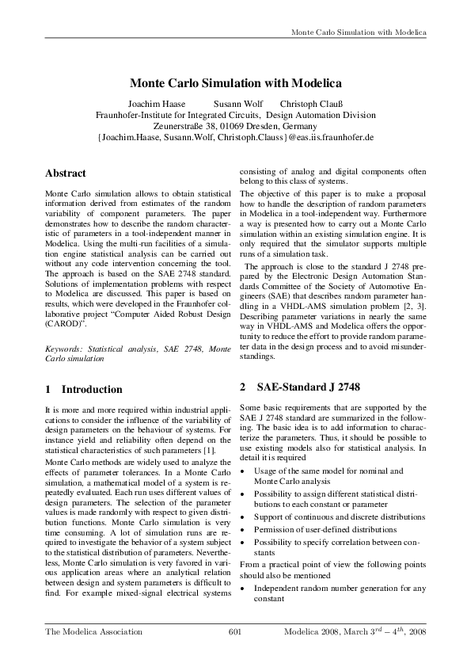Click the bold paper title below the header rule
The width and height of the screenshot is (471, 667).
235,83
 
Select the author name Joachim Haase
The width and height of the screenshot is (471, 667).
157,104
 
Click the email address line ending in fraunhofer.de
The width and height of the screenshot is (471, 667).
235,137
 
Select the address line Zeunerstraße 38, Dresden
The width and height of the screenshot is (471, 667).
235,126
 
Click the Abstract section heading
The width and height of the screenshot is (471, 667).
66,173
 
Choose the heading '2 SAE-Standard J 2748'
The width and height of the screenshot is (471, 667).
300,387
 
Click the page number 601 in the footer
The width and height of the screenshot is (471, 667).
234,632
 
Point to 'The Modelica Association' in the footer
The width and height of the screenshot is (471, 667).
94,632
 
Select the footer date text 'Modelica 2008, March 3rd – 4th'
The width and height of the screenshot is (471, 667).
355,632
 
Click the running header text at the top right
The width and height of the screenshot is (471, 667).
359,32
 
